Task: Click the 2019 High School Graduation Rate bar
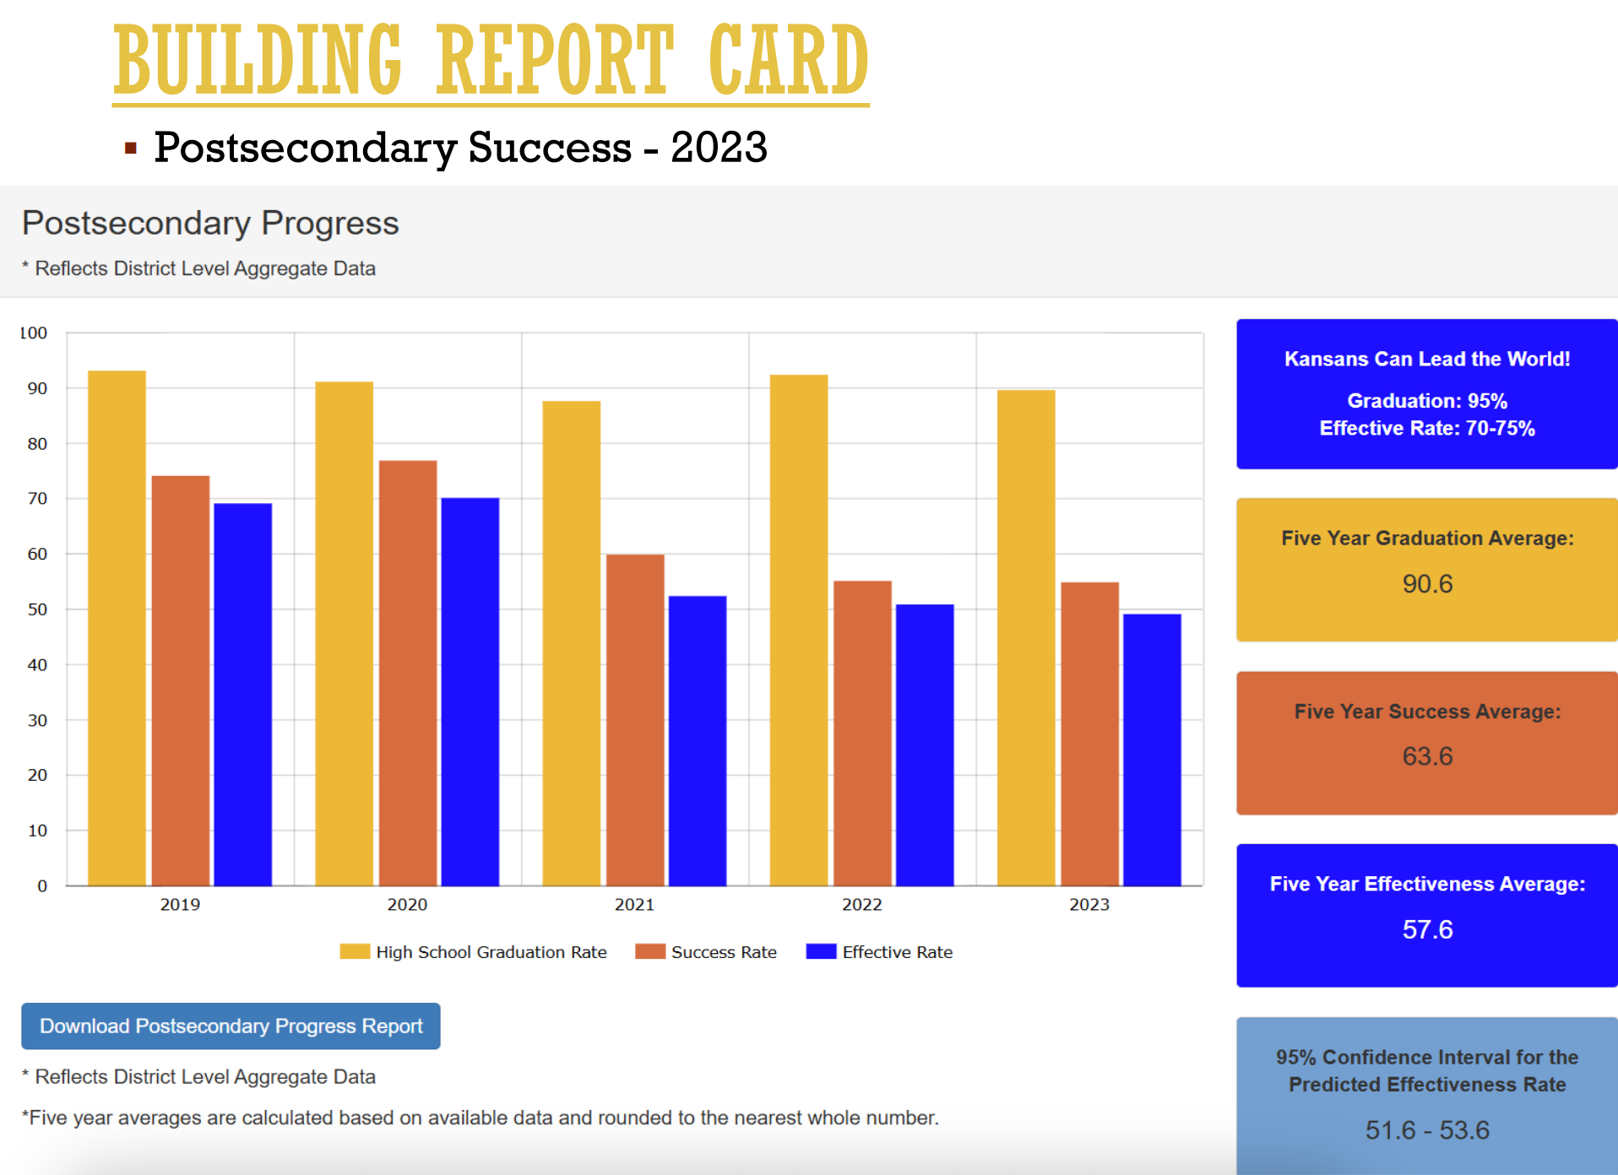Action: click(117, 628)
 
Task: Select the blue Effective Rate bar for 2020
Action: click(470, 691)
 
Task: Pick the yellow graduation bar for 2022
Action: click(798, 630)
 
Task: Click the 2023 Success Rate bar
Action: click(1089, 734)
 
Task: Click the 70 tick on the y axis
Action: click(37, 499)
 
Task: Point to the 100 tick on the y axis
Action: click(34, 333)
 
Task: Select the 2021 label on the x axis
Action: click(634, 905)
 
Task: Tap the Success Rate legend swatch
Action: click(650, 951)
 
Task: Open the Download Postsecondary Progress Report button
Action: click(231, 1026)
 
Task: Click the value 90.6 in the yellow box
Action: click(1427, 583)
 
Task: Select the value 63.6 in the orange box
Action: click(1427, 756)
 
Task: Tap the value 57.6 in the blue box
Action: click(1427, 929)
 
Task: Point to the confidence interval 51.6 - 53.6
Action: click(1427, 1129)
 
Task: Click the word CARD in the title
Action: click(788, 61)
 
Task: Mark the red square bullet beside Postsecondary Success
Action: click(130, 149)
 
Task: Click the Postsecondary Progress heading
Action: click(210, 223)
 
